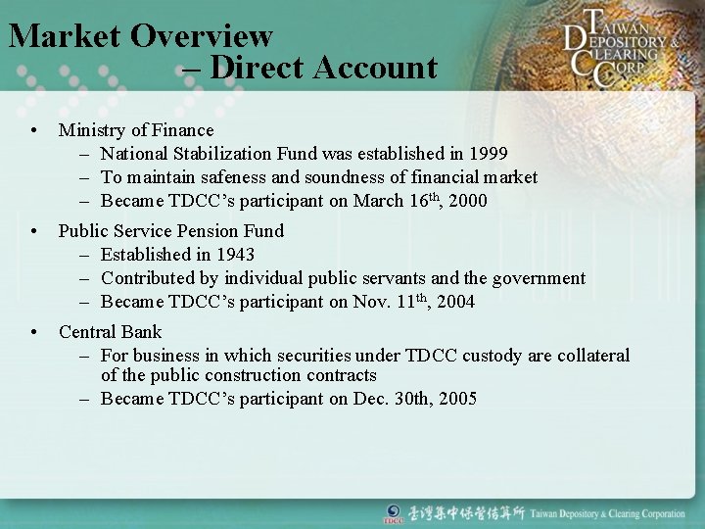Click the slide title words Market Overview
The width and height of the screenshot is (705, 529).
(x=141, y=36)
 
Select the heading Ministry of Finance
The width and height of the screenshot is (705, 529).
(x=136, y=130)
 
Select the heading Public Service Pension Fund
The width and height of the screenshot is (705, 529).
(x=171, y=231)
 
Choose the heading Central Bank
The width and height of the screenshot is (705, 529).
(x=111, y=332)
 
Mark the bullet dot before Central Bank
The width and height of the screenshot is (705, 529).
(x=34, y=333)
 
